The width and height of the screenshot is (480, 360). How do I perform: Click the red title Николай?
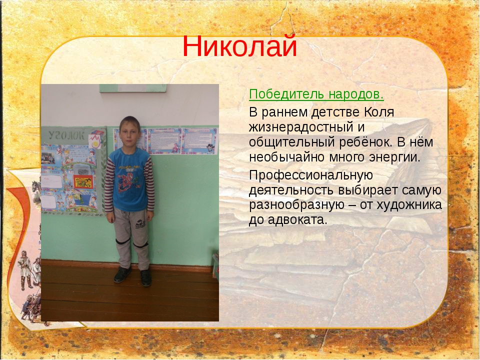click(x=239, y=46)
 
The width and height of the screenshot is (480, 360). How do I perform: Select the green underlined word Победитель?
click(x=286, y=94)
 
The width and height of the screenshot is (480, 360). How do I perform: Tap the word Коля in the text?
click(x=379, y=112)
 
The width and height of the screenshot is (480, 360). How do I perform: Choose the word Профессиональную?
click(x=311, y=175)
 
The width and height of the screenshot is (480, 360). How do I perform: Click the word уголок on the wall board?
click(x=66, y=135)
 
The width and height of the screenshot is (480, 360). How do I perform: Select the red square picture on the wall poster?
click(x=83, y=182)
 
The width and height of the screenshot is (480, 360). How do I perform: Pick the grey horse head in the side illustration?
click(x=36, y=187)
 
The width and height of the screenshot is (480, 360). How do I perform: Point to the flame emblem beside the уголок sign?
click(x=94, y=141)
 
